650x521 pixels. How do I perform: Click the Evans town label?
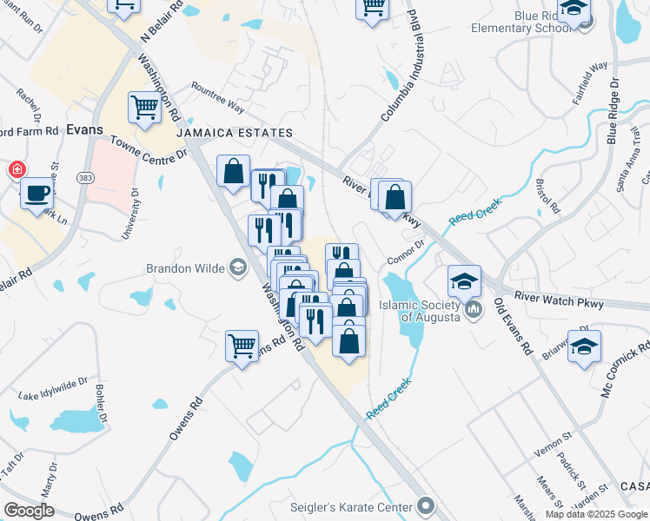click(84, 129)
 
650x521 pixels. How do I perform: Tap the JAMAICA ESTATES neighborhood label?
click(234, 133)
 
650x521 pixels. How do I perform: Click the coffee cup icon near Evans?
click(36, 194)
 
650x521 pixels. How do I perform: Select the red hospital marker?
click(16, 169)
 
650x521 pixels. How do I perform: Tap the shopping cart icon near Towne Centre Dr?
click(144, 108)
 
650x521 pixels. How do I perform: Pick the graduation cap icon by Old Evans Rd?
click(465, 280)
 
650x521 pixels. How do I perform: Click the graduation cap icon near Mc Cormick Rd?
click(584, 345)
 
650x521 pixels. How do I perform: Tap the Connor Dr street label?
click(405, 251)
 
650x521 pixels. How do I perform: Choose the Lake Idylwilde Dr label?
click(53, 386)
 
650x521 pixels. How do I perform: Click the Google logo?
click(29, 511)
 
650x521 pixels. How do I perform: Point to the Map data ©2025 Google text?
click(596, 514)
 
